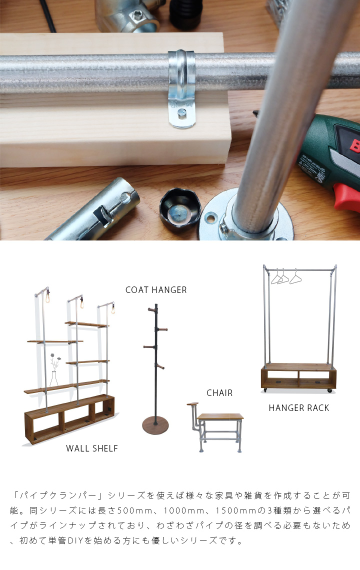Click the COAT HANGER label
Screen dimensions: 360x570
[156, 289]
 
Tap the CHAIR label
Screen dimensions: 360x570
[219, 392]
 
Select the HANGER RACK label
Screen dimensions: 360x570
[299, 408]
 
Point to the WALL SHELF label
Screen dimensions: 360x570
[92, 448]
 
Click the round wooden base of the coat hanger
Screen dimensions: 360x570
[155, 425]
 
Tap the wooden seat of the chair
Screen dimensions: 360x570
[220, 416]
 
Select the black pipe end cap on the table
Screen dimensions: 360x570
[180, 208]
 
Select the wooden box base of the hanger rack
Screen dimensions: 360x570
[298, 376]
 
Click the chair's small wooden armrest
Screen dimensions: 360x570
[192, 404]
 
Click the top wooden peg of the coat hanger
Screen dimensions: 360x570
[151, 309]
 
